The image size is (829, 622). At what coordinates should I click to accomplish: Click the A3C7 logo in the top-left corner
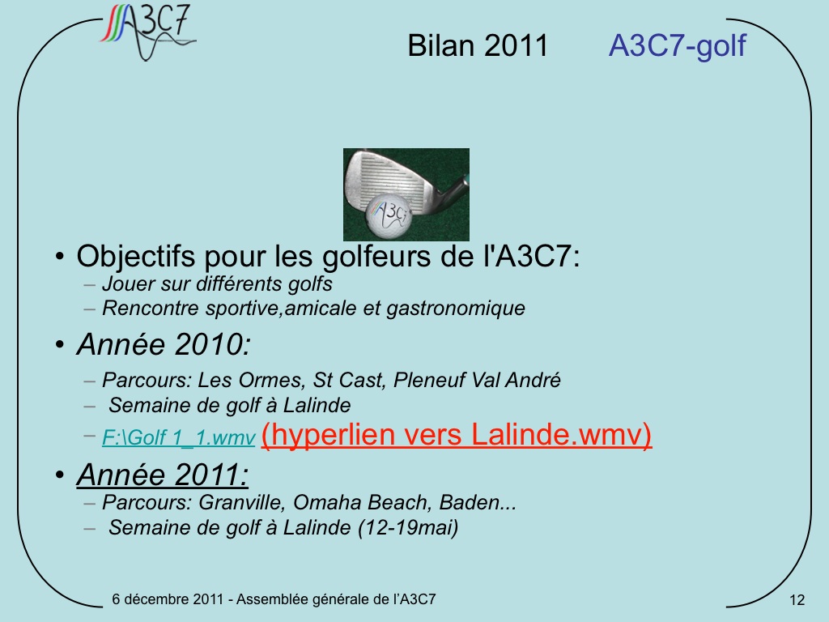pos(148,32)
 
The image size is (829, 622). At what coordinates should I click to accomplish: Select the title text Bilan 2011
pos(478,45)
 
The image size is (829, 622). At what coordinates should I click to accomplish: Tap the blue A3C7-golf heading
pos(678,45)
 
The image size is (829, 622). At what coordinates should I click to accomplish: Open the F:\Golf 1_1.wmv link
pos(179,437)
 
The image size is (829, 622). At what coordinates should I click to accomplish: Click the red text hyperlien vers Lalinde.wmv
pos(457,435)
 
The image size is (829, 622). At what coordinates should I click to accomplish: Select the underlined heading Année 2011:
pos(163,474)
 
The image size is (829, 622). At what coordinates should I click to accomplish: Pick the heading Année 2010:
pos(164,344)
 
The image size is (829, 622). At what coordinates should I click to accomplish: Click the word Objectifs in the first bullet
pos(136,257)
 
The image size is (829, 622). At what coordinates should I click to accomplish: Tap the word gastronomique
pos(456,309)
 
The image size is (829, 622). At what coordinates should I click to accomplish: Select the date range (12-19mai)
pos(408,527)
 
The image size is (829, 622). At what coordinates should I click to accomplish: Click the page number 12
pos(797,600)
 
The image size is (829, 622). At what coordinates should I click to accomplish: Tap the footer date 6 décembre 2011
pos(168,599)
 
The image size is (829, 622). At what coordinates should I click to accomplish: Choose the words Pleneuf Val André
pos(477,380)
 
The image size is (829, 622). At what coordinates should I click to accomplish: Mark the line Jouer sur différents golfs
pos(217,284)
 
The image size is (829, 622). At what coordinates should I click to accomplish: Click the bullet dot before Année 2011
pos(59,475)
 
